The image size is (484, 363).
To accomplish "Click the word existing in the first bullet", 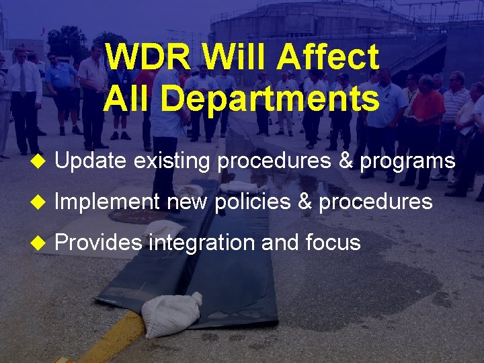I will (173, 161).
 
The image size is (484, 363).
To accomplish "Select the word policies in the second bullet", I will (253, 202).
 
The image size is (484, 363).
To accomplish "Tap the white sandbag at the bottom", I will (171, 315).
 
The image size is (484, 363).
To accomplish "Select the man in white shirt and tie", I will (24, 94).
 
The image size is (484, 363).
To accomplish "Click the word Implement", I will (107, 202).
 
